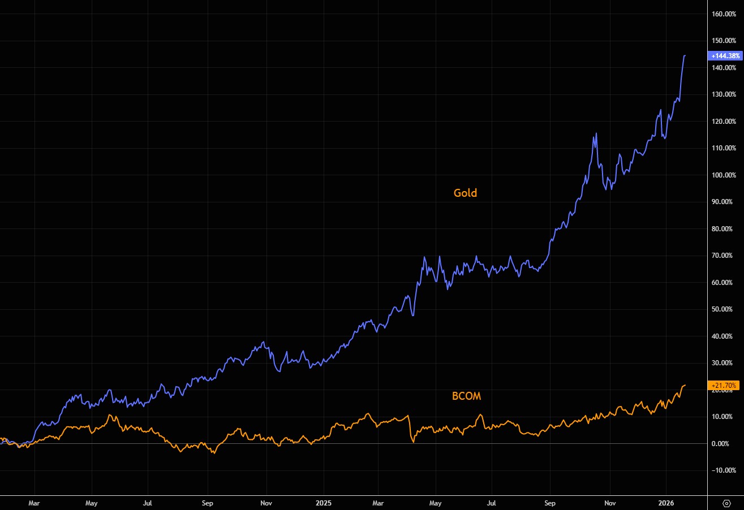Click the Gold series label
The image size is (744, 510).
point(465,193)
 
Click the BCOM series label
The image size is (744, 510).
point(466,396)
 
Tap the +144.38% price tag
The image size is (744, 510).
point(724,55)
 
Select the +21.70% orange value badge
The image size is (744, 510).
point(724,386)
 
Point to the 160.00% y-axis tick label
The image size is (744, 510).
point(725,14)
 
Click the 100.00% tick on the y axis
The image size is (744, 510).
point(725,175)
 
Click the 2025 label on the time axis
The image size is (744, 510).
point(324,502)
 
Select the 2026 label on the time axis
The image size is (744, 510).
point(666,502)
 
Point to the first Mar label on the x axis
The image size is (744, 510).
point(35,502)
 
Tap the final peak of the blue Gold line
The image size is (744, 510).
point(685,55)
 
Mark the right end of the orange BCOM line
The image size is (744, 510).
point(685,385)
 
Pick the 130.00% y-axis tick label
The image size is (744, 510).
point(725,94)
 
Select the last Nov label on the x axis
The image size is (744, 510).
point(609,502)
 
